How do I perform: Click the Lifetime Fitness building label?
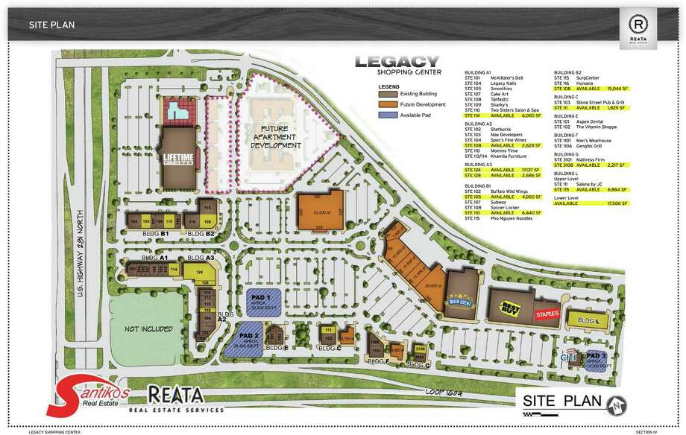(x=178, y=158)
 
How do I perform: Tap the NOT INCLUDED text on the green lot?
(x=150, y=328)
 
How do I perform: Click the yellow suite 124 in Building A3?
(x=199, y=273)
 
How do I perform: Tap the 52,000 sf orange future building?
(x=321, y=211)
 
